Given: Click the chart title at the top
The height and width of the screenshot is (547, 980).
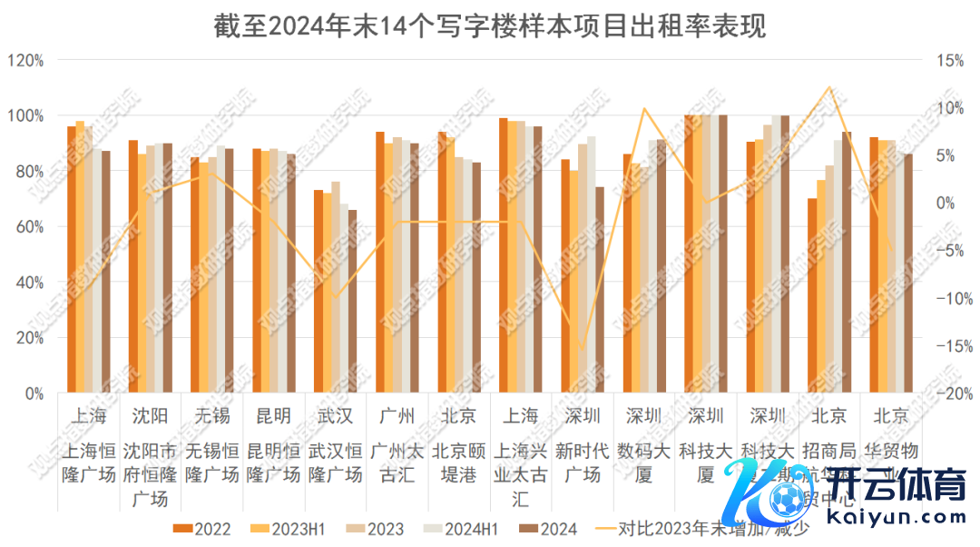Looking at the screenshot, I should click(490, 25).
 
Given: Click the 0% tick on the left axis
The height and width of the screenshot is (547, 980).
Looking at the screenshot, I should click(33, 393).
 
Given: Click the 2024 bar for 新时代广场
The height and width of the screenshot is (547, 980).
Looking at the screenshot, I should click(600, 290).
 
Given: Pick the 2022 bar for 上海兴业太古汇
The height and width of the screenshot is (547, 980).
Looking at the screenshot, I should click(503, 255).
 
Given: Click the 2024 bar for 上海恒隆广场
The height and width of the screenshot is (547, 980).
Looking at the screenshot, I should click(106, 272).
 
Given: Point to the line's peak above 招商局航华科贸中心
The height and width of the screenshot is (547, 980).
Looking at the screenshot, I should click(828, 87).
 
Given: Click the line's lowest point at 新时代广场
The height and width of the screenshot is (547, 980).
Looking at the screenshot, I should click(582, 347).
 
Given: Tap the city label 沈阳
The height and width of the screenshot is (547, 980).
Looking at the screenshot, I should click(150, 416).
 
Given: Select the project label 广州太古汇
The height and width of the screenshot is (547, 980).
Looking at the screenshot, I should click(397, 462).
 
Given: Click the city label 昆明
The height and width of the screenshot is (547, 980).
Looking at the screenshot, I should click(273, 416).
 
